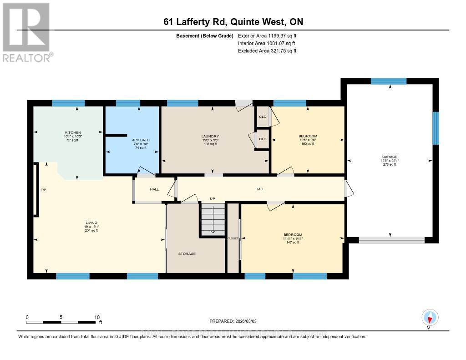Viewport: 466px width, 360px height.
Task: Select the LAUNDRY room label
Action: (x=210, y=136)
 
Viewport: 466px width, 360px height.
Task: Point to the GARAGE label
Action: (x=390, y=157)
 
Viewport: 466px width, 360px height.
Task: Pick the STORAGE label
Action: (x=187, y=254)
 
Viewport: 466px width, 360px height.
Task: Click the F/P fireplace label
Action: (x=44, y=189)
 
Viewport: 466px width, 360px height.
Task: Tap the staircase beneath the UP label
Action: (x=213, y=218)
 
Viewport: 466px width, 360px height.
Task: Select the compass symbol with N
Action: (x=430, y=317)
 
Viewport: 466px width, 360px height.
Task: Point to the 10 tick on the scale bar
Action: (x=96, y=317)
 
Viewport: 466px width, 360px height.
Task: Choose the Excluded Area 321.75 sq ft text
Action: (x=267, y=51)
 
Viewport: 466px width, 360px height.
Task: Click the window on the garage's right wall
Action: (x=436, y=128)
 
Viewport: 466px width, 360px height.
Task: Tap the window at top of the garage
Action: (x=388, y=81)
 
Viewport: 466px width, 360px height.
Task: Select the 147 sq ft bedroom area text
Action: (x=292, y=243)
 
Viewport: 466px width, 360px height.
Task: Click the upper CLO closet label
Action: (x=263, y=117)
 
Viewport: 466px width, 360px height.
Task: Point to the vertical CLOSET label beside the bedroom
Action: (x=233, y=238)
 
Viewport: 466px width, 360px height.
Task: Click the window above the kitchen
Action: (x=68, y=103)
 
